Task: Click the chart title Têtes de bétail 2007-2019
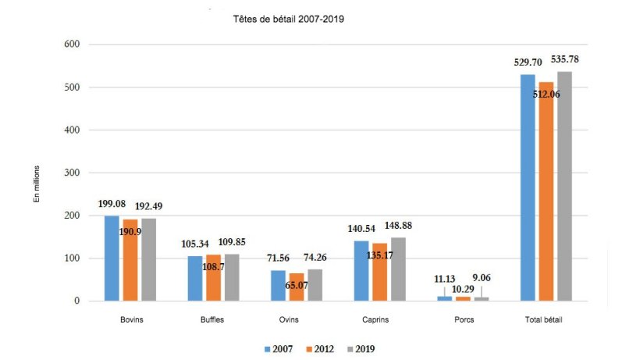point(289,18)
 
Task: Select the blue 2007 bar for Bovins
point(112,258)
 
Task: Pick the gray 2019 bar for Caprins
point(398,269)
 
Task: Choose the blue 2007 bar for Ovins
point(278,285)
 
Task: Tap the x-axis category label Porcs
point(462,319)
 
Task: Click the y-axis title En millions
point(36,184)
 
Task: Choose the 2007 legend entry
point(281,348)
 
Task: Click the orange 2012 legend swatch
point(306,348)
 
